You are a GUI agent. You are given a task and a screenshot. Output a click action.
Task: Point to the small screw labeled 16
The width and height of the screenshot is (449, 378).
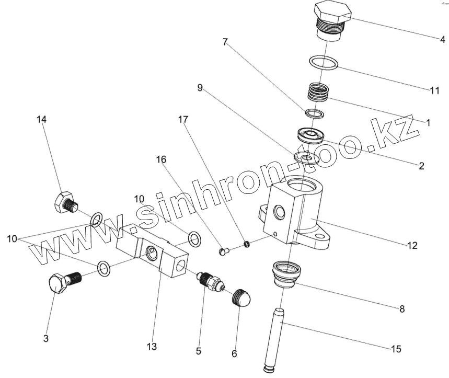pyautogui.click(x=224, y=251)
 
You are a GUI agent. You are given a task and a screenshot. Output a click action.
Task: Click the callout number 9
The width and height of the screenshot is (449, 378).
pyautogui.click(x=200, y=88)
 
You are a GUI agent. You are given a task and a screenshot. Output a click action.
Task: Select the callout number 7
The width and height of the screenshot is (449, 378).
pyautogui.click(x=225, y=42)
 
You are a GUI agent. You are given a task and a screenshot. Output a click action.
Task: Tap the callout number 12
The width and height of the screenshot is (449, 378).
pyautogui.click(x=412, y=245)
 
